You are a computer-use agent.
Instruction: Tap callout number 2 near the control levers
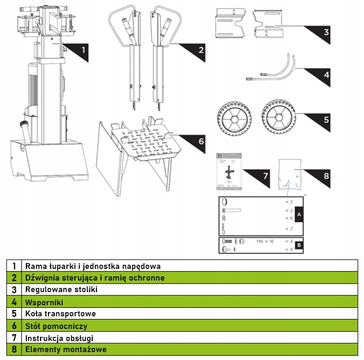(x=201, y=51)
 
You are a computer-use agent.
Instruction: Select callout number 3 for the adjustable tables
(x=326, y=32)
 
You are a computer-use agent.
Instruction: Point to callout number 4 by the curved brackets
(x=326, y=75)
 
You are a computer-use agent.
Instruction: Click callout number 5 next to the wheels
(x=326, y=119)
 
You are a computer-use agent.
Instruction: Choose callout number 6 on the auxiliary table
(x=201, y=141)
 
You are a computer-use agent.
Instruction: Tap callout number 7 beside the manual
(x=265, y=175)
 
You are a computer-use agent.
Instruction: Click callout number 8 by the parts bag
(x=326, y=175)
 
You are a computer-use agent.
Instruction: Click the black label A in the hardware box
(x=299, y=215)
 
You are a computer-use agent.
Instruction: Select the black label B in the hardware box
(x=299, y=245)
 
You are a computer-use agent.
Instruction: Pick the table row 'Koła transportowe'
(x=61, y=314)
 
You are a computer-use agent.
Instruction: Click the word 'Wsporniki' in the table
(x=44, y=302)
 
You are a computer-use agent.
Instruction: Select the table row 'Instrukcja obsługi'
(x=59, y=338)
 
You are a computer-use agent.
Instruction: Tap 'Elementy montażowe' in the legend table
(x=65, y=349)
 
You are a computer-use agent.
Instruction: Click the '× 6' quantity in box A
(x=288, y=218)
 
